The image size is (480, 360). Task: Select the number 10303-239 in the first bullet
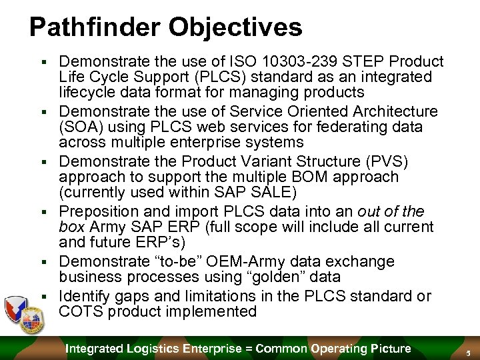click(281, 61)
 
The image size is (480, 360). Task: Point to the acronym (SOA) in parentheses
click(80, 127)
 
